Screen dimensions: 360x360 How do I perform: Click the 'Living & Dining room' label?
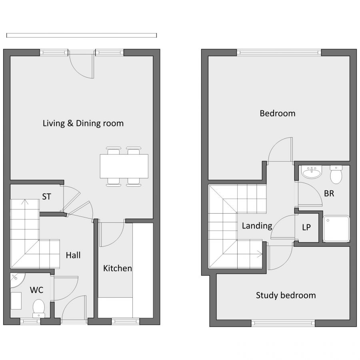click(x=83, y=124)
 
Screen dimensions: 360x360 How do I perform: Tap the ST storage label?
click(x=47, y=197)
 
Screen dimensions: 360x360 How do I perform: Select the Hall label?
click(x=73, y=255)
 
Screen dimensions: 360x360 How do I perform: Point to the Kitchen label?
click(x=117, y=268)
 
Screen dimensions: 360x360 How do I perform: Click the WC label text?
click(x=36, y=290)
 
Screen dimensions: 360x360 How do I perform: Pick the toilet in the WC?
click(x=38, y=308)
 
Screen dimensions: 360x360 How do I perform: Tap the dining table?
click(x=124, y=166)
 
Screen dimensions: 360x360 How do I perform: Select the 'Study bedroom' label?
click(x=286, y=295)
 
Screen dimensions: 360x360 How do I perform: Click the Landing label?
click(x=257, y=226)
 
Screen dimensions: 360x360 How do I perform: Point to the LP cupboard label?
click(x=306, y=227)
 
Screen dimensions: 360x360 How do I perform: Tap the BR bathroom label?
click(x=329, y=194)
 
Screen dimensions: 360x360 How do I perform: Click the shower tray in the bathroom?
click(x=336, y=229)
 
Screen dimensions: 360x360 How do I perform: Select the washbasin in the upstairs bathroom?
click(x=312, y=172)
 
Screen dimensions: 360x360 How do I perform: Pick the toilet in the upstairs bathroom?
click(x=336, y=175)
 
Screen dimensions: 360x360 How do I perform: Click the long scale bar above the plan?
click(x=82, y=35)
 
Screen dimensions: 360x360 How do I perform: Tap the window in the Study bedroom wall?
click(x=283, y=323)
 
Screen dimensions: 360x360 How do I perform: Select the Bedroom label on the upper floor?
click(x=278, y=114)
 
